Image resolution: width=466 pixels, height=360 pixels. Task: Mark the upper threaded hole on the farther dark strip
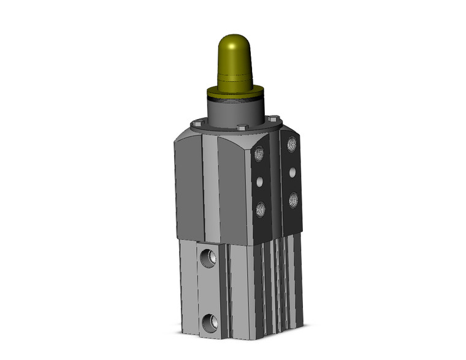pos(292,144)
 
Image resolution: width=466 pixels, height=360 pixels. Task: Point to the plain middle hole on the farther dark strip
pos(292,171)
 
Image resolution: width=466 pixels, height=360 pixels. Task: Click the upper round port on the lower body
pos(207,257)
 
